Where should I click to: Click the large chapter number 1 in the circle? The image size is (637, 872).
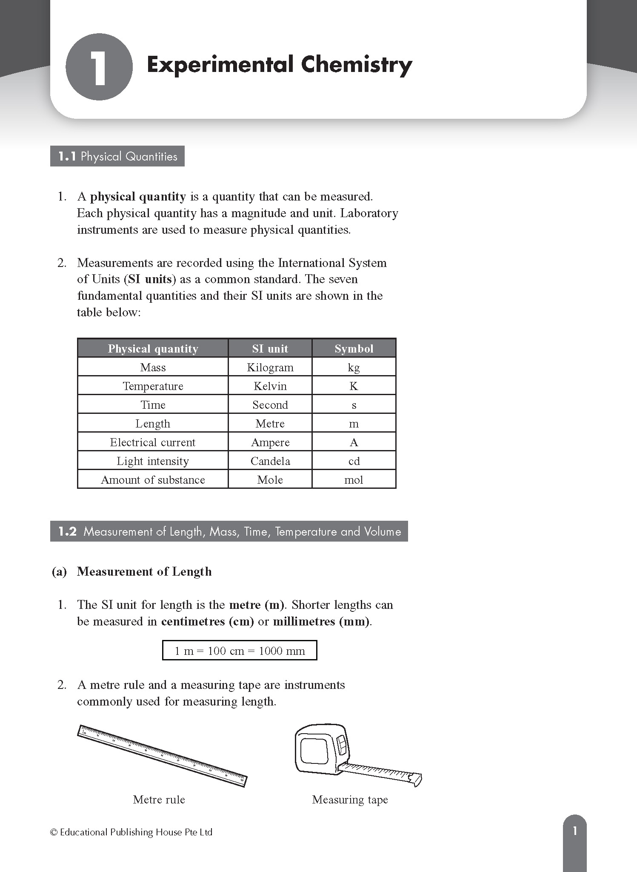coord(99,67)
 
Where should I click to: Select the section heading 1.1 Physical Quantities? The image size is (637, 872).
coord(117,156)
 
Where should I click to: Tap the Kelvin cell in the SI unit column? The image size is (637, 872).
coord(270,386)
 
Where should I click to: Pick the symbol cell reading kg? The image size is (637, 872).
coord(354,367)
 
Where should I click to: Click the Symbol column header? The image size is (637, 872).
coord(354,349)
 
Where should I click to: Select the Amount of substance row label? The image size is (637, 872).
coord(153,480)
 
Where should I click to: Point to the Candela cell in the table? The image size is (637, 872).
coord(270,461)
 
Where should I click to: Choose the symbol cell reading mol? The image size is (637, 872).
coord(354,480)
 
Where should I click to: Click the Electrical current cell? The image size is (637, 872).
coord(153,442)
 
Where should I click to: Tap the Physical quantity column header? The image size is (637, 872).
coord(153,349)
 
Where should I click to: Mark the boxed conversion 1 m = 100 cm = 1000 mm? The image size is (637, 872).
coord(240,651)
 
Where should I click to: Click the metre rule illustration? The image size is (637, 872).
coord(162,755)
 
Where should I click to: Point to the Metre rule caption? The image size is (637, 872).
coord(159,800)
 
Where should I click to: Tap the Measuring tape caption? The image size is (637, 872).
coord(350,800)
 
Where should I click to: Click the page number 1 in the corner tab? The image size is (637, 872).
coord(575,831)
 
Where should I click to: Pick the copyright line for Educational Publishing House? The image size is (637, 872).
coord(131,832)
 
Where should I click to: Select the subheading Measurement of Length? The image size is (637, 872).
coord(144,571)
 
